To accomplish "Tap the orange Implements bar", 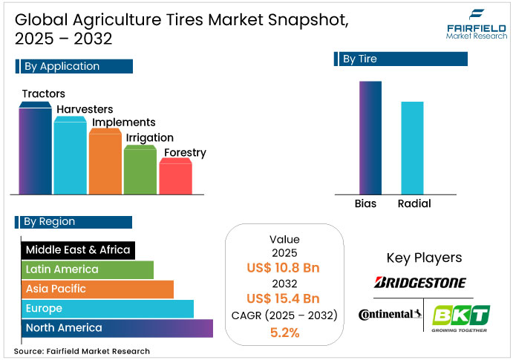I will (105, 163).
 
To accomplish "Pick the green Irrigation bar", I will (140, 171).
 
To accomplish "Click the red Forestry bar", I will (175, 178).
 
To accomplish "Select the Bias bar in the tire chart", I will (370, 137).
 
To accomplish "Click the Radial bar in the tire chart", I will (413, 148).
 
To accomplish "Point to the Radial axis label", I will (414, 203).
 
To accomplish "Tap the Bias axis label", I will (366, 203).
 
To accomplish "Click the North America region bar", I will (117, 328).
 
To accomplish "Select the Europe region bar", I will (108, 309).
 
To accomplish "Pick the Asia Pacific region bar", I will (97, 289).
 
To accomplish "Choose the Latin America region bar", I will (88, 269).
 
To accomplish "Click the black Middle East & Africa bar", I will (78, 250).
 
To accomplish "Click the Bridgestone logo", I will (420, 282).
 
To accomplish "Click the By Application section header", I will (74, 66).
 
